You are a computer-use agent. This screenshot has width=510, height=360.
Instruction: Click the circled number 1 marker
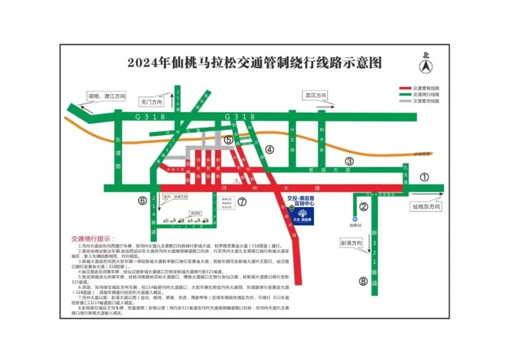(x=424, y=178)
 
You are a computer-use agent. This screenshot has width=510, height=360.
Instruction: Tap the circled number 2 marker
(x=364, y=206)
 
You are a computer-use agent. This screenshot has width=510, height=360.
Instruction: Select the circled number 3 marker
(x=349, y=161)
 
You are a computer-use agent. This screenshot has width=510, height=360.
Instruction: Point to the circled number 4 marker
(x=269, y=150)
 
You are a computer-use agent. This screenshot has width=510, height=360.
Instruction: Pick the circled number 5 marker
(x=229, y=140)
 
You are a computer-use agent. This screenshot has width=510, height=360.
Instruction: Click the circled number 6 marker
(x=143, y=201)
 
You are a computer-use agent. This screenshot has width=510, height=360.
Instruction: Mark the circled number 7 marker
(x=242, y=202)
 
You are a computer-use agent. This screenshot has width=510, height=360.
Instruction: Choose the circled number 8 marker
(x=363, y=282)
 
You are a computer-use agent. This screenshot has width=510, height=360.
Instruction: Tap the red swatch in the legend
(x=405, y=88)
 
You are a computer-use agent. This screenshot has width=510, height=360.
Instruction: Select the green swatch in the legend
(x=405, y=94)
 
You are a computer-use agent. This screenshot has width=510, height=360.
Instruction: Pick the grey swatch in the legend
(x=405, y=101)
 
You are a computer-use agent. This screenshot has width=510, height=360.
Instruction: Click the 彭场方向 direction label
(x=351, y=243)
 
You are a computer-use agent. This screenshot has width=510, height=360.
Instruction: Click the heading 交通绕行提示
(x=93, y=239)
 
